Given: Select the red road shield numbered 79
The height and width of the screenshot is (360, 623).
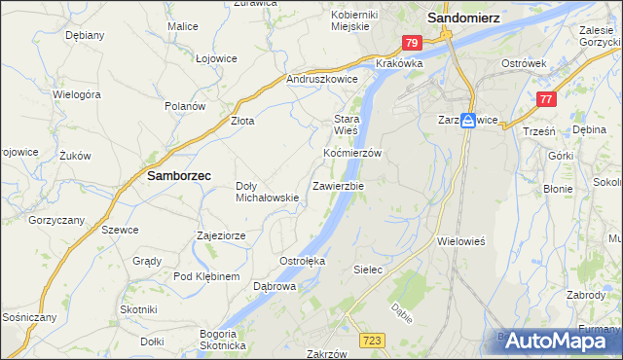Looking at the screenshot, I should pos(412,43).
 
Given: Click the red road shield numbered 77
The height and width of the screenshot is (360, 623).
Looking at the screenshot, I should pos(546,98).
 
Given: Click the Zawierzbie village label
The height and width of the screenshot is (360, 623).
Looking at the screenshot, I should pos(338,185).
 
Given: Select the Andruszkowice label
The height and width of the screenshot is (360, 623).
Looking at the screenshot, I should pos(322,80).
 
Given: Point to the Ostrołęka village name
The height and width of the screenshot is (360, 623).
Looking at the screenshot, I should pos(302,262).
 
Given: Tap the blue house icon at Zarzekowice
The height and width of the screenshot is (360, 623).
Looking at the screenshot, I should pos(468,120).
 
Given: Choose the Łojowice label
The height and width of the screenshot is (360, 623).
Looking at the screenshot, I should pos(216,58).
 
